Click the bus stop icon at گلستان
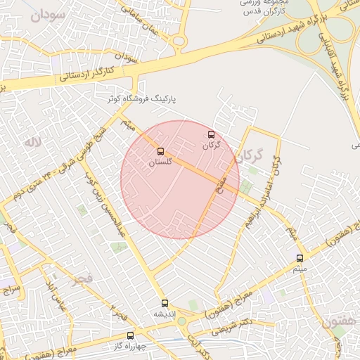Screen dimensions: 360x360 point(161,151)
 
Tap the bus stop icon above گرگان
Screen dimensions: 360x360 point(212,134)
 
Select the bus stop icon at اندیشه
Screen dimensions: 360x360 point(165,304)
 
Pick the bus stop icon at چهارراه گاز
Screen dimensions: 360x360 point(129,336)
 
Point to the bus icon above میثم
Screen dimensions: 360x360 point(300,258)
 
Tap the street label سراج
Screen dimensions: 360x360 point(12,289)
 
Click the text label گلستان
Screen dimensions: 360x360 point(161,162)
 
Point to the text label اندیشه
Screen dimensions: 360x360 point(165,314)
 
